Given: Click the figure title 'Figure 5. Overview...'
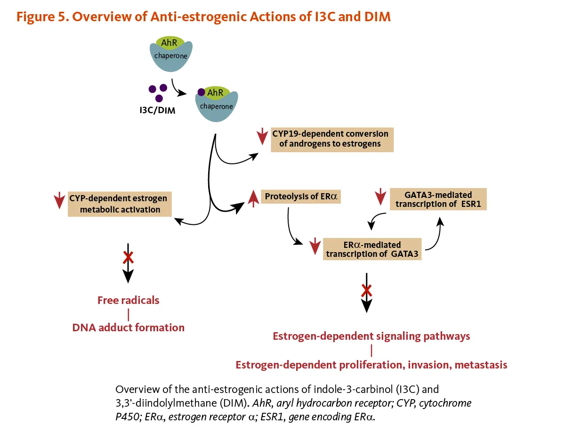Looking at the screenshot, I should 203,17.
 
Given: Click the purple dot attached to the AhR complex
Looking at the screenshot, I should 201,92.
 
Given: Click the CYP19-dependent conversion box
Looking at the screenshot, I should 332,139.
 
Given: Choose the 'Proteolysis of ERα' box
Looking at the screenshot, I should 301,197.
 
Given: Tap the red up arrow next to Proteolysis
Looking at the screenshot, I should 253,199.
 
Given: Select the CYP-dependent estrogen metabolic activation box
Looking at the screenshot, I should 120,203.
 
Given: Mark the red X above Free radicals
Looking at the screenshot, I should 128,257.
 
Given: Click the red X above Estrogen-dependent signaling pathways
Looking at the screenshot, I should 366,291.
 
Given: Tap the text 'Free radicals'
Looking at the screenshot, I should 128,300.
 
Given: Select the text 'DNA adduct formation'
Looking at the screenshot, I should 128,327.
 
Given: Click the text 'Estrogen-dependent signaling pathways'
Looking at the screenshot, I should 371,336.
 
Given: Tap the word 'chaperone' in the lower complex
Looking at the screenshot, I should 216,106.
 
